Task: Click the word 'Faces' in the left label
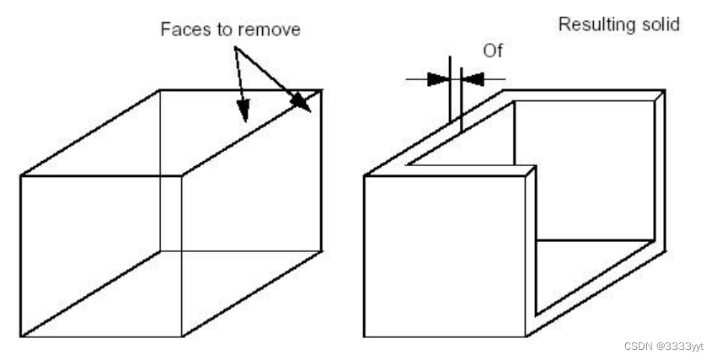coord(182,30)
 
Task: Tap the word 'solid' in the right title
coord(661,25)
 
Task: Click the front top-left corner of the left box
coord(20,175)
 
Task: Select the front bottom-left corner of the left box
coord(20,337)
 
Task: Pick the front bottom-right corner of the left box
coord(182,337)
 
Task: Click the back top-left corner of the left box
coord(160,89)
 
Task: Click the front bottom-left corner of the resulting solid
coord(364,337)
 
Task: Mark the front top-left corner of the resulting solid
coord(364,175)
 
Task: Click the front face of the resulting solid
coord(444,256)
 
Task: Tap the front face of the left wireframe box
coord(101,256)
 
